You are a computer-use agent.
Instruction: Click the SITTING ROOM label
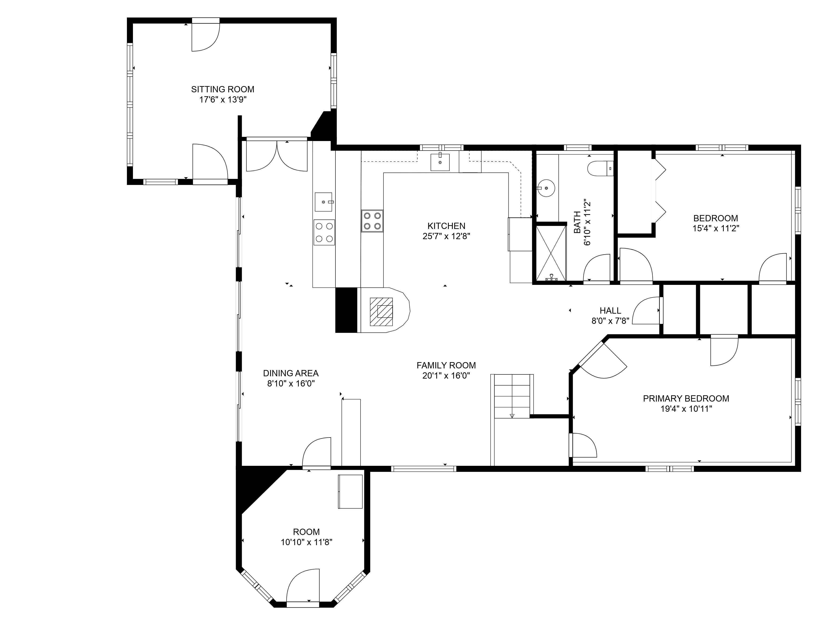[223, 90]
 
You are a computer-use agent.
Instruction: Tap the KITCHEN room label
[446, 226]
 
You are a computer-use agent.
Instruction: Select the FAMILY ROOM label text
[446, 365]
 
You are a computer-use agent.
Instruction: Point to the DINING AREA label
[291, 373]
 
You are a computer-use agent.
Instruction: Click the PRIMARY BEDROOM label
[686, 399]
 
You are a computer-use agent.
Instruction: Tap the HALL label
[610, 311]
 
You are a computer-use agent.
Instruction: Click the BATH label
[578, 222]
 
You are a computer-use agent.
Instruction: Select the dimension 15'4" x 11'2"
[716, 228]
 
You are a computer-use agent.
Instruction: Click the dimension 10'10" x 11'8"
[306, 542]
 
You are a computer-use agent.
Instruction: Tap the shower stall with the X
[551, 253]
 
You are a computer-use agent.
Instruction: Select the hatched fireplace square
[381, 312]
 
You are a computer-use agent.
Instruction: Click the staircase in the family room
[512, 396]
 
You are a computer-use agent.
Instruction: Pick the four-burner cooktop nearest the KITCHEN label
[372, 221]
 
